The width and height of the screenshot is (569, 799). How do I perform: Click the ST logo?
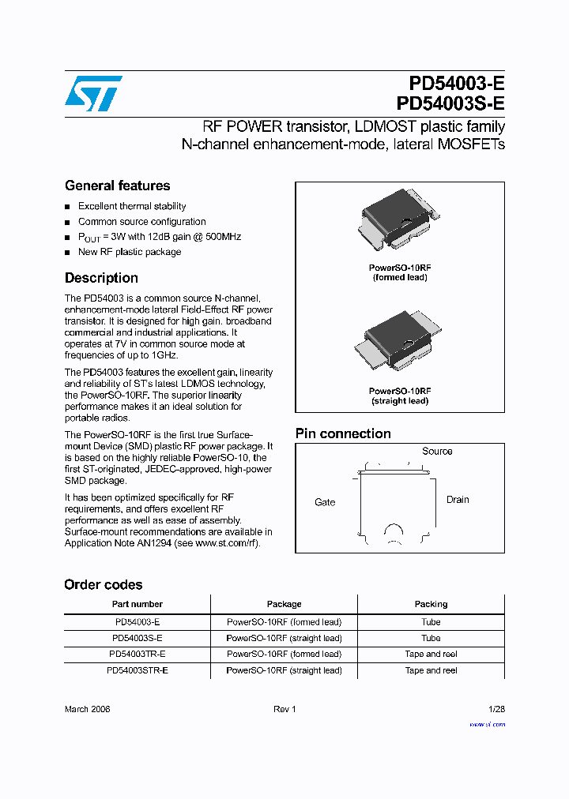coord(93,93)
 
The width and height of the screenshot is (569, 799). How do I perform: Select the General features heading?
coord(117,186)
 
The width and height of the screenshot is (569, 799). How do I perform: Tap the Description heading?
coord(101,278)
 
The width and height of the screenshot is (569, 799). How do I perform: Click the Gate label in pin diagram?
coord(325,502)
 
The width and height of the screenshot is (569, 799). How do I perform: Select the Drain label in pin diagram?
coord(458,500)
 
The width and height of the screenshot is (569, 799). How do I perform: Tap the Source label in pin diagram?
coord(437,452)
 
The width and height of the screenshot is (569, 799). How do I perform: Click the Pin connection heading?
coord(343,433)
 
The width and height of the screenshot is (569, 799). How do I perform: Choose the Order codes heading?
coord(104,585)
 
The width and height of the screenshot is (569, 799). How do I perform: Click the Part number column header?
coord(137,604)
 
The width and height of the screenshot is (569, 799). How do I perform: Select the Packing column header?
coord(431,604)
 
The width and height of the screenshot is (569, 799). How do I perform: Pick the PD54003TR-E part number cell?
coord(137,654)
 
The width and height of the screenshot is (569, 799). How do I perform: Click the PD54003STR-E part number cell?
coord(137,670)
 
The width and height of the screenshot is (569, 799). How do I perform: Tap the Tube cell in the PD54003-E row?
coord(431,622)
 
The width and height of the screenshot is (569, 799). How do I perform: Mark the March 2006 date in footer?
coord(87,709)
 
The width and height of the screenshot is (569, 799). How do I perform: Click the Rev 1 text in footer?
coord(284,709)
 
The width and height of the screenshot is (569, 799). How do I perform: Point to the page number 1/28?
coord(496,709)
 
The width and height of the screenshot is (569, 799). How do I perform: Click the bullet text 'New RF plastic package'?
coord(130,252)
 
